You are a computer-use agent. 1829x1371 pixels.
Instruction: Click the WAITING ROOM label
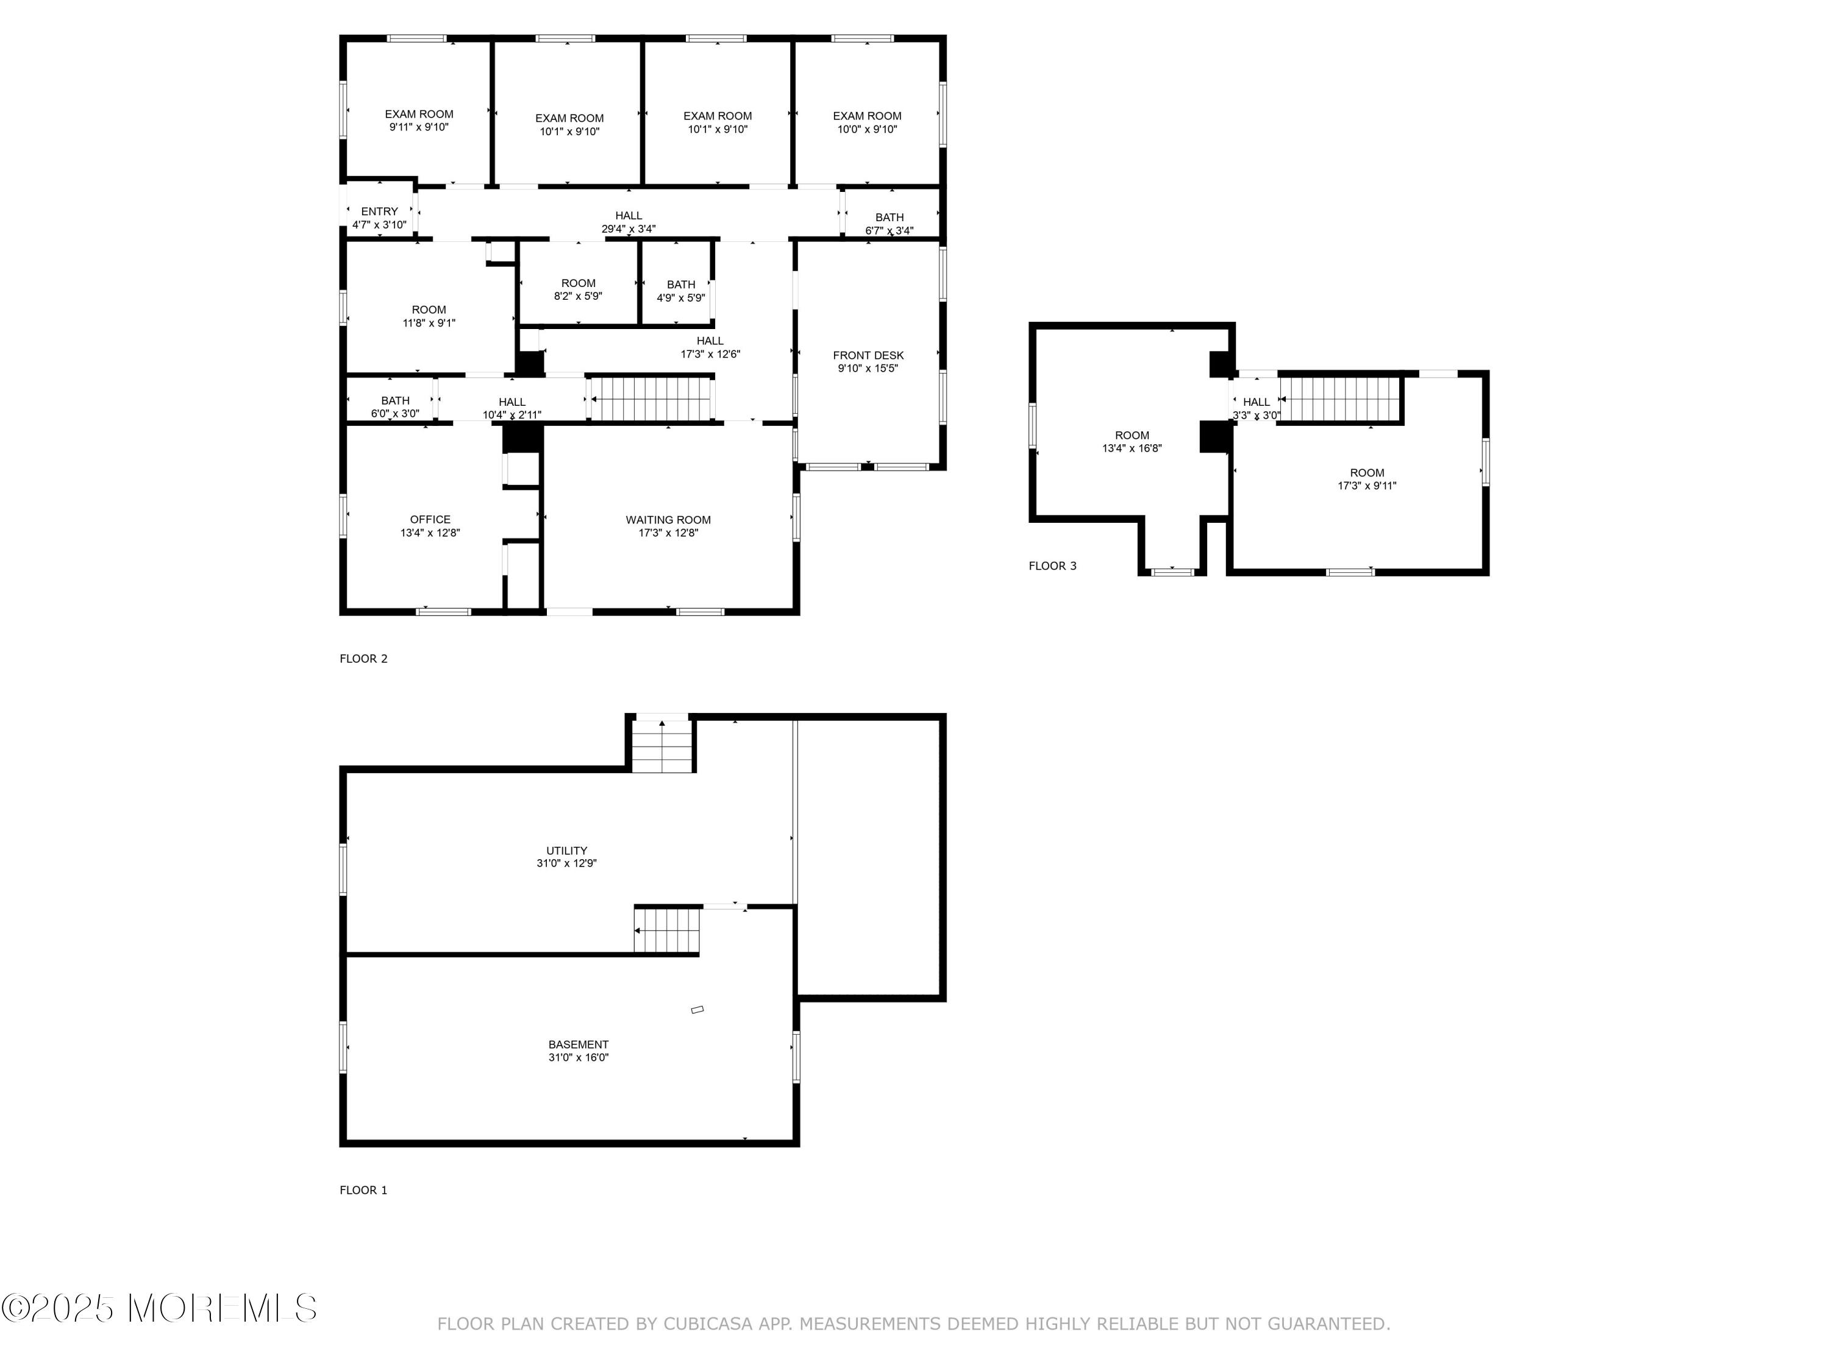(668, 520)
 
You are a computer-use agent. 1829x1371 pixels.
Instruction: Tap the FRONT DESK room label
(868, 355)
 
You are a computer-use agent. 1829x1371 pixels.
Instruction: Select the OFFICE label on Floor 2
(430, 520)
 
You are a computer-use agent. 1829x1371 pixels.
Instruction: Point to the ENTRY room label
(380, 211)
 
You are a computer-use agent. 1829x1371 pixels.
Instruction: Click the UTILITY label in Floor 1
(566, 851)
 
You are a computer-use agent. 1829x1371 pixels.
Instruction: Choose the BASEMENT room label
(578, 1044)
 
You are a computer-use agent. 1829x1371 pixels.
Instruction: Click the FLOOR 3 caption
(1052, 566)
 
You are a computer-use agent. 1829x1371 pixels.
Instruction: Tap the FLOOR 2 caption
(364, 659)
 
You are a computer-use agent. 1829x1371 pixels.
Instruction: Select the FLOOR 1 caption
(364, 1190)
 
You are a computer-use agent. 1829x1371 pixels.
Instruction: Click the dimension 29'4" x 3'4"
(629, 229)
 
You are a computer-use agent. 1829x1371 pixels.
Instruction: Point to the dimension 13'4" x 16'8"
(1132, 448)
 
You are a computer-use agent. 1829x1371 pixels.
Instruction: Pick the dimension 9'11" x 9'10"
(419, 127)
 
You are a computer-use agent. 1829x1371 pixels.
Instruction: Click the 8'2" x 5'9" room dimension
(578, 296)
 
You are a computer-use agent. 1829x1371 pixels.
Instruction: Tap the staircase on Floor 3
(1339, 399)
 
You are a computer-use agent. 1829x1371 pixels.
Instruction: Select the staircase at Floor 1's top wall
(661, 745)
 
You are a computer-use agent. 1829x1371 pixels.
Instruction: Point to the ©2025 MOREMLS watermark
(159, 1308)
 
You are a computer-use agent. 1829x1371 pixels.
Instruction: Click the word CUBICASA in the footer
(708, 1324)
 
